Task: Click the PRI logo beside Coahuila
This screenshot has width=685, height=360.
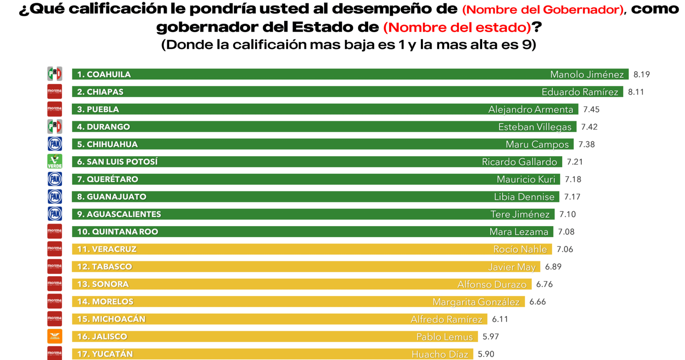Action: point(55,74)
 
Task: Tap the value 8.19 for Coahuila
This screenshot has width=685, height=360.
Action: point(641,74)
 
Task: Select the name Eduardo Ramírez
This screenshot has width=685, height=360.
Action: point(580,92)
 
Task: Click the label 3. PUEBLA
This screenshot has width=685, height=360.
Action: point(98,110)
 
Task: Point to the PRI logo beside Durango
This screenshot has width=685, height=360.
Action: point(55,127)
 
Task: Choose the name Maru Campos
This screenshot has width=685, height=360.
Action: point(537,145)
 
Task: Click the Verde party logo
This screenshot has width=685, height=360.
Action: point(55,161)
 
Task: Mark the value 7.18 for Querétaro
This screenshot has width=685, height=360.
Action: point(573,179)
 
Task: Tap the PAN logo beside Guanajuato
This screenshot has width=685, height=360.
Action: point(55,196)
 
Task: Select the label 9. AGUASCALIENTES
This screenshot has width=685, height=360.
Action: point(119,214)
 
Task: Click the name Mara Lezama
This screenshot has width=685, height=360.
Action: point(518,232)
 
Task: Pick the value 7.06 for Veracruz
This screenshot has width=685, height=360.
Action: point(565,250)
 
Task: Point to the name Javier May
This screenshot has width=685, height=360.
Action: point(512,267)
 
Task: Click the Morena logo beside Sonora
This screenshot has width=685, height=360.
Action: point(55,284)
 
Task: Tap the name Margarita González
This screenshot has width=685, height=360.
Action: point(476,302)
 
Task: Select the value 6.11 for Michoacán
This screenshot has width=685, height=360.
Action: point(500,319)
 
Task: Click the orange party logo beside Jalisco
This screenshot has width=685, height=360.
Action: point(55,336)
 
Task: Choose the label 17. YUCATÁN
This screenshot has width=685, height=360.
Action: point(104,354)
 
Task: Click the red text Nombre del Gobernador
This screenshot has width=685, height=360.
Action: point(542,10)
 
